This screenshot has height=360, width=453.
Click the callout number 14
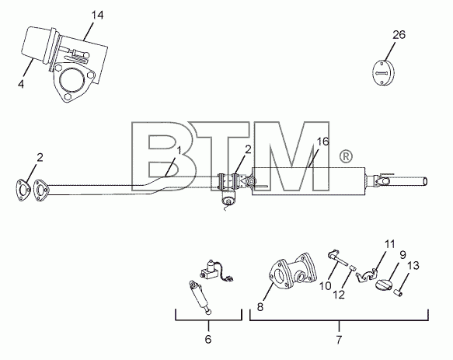click(x=97, y=15)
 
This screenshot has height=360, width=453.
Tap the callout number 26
click(x=399, y=35)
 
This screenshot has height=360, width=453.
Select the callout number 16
click(x=322, y=142)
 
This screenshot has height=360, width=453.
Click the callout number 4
click(x=20, y=84)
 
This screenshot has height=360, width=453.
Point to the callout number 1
click(x=179, y=150)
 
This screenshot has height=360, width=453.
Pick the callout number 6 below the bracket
click(x=208, y=339)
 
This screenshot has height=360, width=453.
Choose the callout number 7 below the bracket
click(x=339, y=340)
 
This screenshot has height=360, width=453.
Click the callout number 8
click(x=260, y=307)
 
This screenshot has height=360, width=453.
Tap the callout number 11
click(x=402, y=255)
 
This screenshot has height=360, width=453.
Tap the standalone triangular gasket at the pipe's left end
click(x=23, y=190)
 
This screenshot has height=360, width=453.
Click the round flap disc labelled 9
click(x=384, y=285)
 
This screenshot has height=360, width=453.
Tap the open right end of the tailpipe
click(x=425, y=182)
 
